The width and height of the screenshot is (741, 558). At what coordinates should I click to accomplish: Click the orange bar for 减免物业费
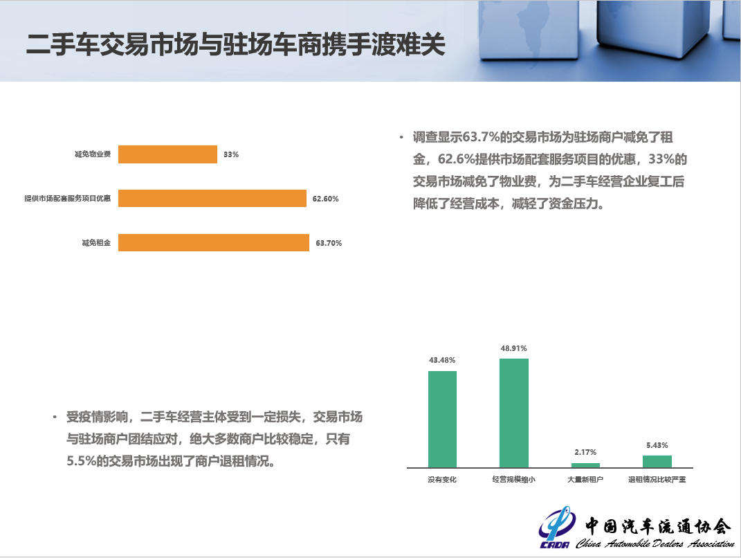167,154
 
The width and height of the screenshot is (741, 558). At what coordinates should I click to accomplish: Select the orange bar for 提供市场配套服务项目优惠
212,198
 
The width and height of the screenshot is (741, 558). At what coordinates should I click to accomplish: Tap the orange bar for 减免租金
214,242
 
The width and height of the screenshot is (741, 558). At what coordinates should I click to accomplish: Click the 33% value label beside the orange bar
231,154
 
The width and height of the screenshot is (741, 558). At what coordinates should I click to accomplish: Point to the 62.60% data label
326,199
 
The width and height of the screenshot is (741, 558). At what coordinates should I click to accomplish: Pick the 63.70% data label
329,243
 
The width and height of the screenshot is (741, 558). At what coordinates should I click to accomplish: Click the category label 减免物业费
93,154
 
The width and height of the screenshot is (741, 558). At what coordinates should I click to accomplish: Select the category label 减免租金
96,242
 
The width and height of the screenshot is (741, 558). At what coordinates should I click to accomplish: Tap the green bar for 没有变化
442,420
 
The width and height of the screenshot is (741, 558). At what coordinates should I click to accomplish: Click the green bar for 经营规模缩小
514,413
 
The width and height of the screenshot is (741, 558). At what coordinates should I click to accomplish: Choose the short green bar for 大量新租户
585,465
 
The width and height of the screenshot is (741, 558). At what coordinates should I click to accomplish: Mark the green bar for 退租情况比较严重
657,462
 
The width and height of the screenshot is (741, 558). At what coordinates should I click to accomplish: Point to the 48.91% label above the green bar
513,348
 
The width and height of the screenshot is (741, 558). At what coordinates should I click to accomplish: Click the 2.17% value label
585,453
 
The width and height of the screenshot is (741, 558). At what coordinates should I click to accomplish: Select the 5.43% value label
657,445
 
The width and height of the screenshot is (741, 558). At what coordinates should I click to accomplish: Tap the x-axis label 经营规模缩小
513,480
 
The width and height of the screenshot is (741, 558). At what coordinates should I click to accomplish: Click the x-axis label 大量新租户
585,480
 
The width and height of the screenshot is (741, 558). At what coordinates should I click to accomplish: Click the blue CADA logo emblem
557,527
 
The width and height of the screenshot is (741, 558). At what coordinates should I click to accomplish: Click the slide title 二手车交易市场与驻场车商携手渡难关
236,45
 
